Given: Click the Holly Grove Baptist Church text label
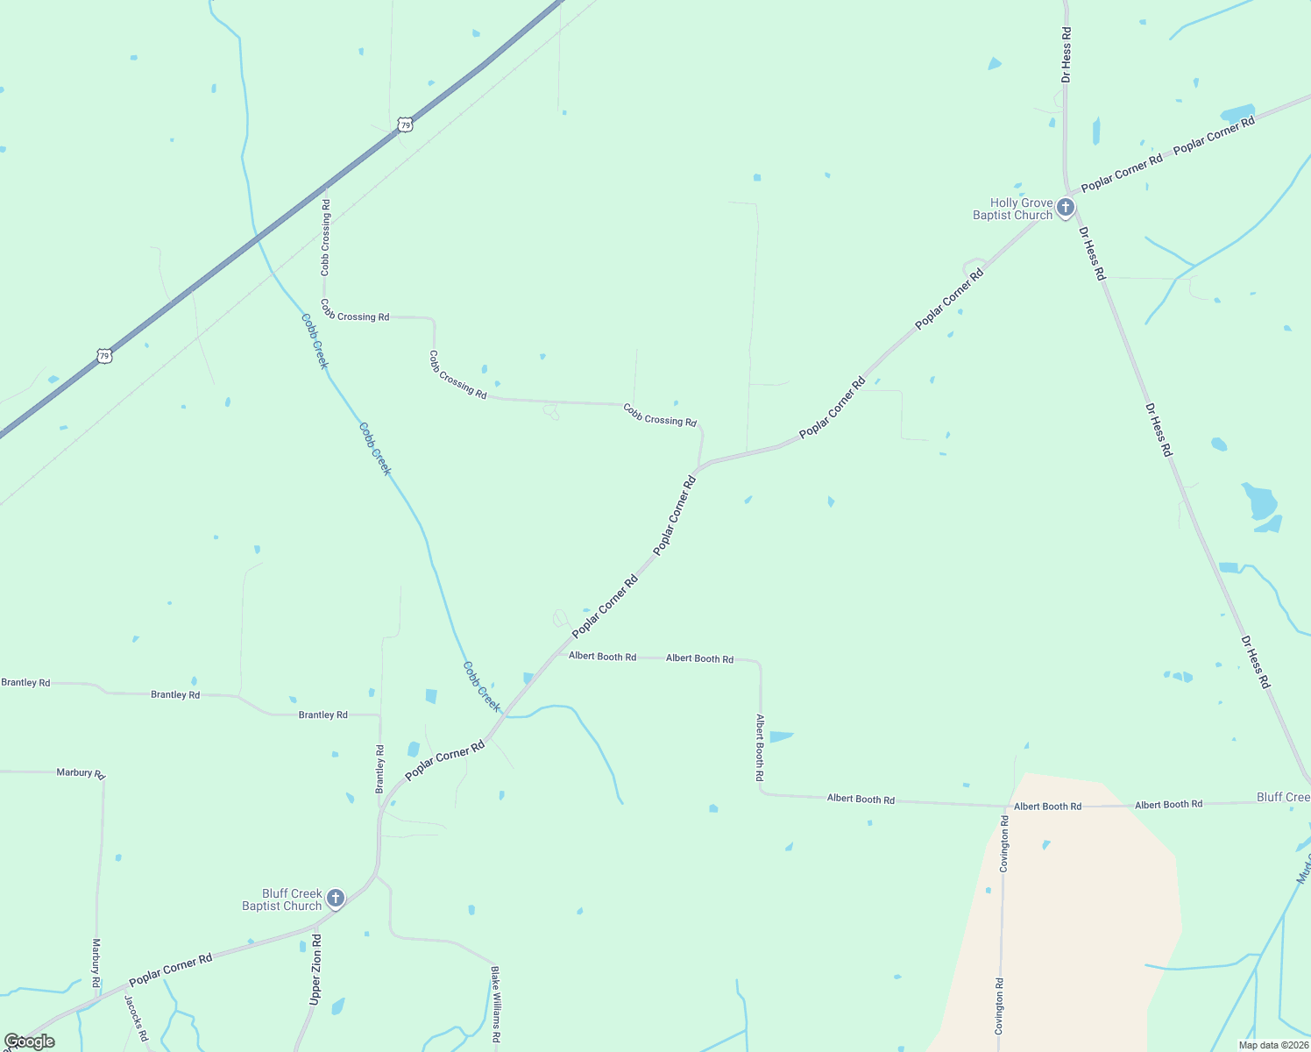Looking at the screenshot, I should point(1012,209).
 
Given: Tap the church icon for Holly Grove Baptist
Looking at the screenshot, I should point(1065,208).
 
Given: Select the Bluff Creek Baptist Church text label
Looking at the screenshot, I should point(281,899).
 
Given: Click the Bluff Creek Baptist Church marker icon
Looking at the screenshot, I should point(335,899).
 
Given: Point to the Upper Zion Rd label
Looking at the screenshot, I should point(315,969).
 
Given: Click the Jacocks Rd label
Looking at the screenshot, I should point(136,1017).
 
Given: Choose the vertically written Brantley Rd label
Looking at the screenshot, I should point(380,769).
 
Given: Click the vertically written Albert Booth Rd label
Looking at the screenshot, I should point(760,747).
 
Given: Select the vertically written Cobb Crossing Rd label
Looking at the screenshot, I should point(325,238).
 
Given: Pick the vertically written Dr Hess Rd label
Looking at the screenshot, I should point(1066,54).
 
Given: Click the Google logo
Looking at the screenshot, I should point(29,1041).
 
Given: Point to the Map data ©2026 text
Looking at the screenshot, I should point(1272,1045).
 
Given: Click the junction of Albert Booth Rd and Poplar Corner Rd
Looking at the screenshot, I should point(558,655).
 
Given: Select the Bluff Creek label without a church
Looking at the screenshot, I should point(1283,797).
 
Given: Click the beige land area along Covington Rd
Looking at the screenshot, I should point(1087,912).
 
